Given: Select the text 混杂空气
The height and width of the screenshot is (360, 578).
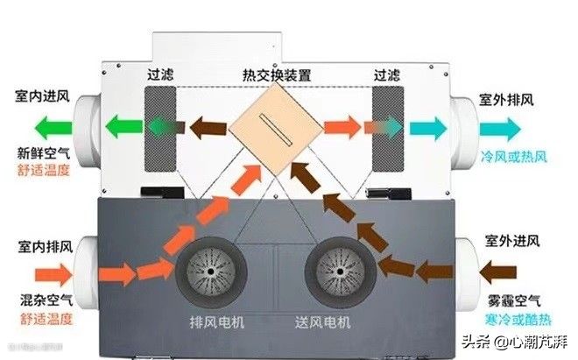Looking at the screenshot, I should (40, 299).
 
